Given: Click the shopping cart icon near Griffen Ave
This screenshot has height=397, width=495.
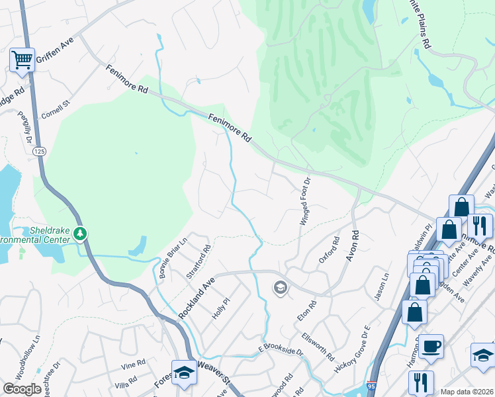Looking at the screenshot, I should click(22, 60).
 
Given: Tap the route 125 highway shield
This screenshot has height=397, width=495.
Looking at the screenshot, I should click(39, 152).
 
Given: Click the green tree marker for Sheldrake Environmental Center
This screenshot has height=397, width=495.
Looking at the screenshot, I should click(80, 233).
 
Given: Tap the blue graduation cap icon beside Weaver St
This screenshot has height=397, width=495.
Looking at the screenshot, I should click(183, 372).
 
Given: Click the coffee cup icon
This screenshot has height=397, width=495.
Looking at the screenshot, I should click(431, 346).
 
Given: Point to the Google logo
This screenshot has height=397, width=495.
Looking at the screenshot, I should click(22, 389).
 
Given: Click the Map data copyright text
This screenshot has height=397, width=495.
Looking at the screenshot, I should click(467, 392).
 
